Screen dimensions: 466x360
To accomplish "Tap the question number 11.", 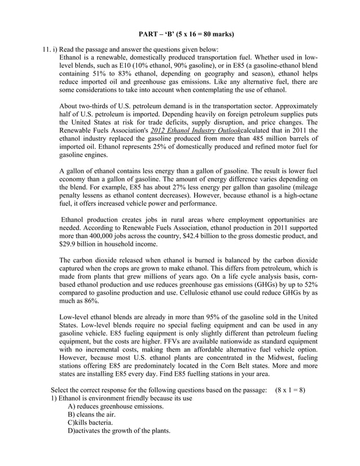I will pos(47,50).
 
